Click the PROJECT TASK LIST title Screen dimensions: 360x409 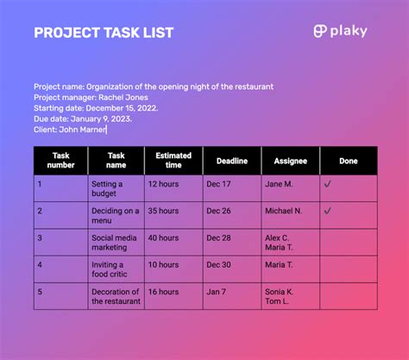click(104, 33)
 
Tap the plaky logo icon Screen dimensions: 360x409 click(320, 32)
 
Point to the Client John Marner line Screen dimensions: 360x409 click(70, 129)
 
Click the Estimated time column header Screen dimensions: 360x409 click(173, 161)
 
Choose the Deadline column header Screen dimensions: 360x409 click(231, 161)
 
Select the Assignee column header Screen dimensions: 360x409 click(290, 161)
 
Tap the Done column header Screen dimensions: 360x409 click(348, 161)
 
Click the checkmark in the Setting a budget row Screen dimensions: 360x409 click(327, 184)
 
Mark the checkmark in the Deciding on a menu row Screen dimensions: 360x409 click(327, 211)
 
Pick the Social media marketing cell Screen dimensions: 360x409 click(115, 243)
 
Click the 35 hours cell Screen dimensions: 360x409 click(163, 211)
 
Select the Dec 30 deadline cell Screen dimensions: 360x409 click(219, 264)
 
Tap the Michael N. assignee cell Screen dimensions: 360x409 click(284, 211)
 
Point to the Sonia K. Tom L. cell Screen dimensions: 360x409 click(279, 296)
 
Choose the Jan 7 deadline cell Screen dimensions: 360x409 click(217, 292)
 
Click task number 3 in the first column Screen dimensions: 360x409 click(40, 237)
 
